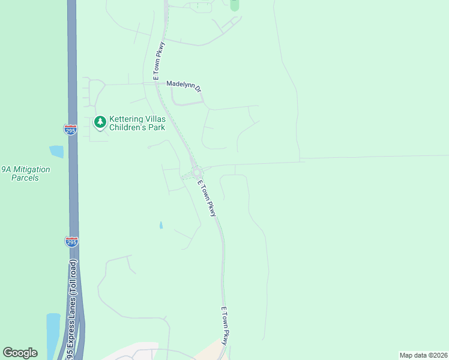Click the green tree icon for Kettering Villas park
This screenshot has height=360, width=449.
(x=100, y=123)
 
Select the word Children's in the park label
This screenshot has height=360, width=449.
(x=129, y=128)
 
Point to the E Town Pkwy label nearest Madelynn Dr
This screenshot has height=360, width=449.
(x=158, y=61)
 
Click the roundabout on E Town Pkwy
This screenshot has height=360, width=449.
(x=196, y=172)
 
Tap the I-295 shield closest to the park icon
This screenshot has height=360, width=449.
(x=71, y=130)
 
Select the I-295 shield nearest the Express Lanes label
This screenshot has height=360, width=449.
(x=71, y=242)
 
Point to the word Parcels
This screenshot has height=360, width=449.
(x=25, y=178)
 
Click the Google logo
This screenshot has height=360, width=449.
(x=20, y=353)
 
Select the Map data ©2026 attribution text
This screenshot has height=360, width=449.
(x=423, y=355)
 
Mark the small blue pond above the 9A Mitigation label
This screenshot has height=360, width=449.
(x=56, y=152)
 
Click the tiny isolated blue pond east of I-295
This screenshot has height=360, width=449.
(x=160, y=226)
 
